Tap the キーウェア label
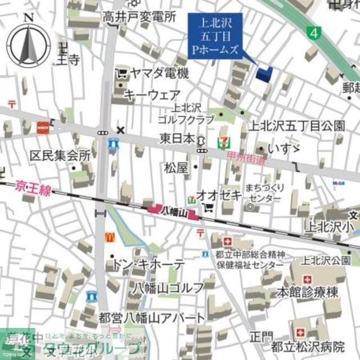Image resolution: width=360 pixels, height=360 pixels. (152, 94)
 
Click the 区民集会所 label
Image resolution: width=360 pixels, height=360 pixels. (60, 156)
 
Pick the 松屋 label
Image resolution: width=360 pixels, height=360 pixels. (177, 167)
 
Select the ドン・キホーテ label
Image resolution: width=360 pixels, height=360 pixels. (148, 264)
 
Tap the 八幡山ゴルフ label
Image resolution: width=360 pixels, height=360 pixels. (168, 288)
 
